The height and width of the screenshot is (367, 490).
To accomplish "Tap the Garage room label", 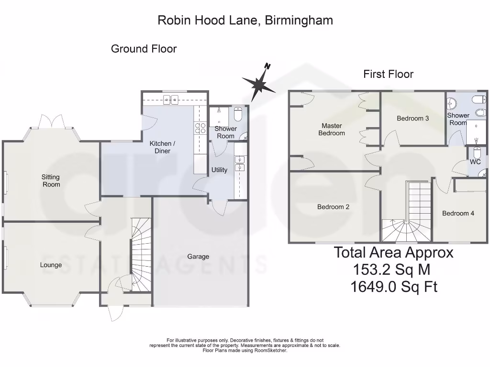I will pos(198,257).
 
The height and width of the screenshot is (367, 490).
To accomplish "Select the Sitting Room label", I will pos(51,181).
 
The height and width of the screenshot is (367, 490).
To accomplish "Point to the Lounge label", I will pos(51,265).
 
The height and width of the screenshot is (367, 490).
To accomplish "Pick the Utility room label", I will pos(219,170).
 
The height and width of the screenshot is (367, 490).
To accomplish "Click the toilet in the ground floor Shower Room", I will pos(239,115).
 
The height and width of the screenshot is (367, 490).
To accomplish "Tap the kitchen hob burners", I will pos(199,128).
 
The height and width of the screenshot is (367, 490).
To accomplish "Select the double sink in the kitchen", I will pos(171,100).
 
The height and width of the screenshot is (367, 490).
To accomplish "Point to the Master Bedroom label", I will pos(332,130).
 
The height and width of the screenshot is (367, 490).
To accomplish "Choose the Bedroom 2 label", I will pos(333,207).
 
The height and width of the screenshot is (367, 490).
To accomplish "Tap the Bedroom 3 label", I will pos(412,118).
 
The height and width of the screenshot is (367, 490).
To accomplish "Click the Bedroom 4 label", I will pos(458,213).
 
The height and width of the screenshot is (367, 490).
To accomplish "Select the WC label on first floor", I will pos(475,162).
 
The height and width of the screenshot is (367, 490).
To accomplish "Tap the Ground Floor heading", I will pos(144,49).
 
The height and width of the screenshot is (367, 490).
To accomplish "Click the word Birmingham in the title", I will pos(298,20).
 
